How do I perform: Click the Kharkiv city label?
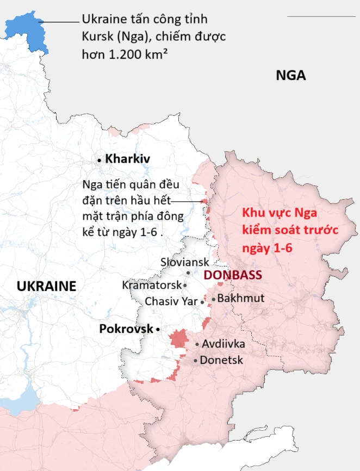[x=128, y=159]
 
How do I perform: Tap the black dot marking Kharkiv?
[x=100, y=160]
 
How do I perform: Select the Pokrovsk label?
[x=126, y=329]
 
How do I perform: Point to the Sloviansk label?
[x=185, y=262]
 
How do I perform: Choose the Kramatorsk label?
[x=151, y=285]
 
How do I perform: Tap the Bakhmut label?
[x=241, y=299]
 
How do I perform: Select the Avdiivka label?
[x=224, y=344]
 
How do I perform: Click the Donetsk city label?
[x=221, y=360]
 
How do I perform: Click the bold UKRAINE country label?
[x=46, y=287]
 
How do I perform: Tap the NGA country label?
[x=291, y=76]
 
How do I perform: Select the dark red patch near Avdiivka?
[x=178, y=339]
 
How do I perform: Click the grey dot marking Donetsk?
[x=195, y=361]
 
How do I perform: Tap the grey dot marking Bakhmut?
[x=214, y=299]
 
